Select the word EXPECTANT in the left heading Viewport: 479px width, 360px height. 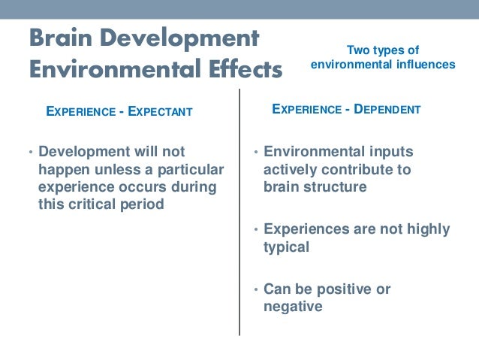160,112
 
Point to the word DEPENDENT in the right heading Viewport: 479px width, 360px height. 387,110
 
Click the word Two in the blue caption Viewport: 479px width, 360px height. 357,50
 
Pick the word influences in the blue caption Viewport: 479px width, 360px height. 426,65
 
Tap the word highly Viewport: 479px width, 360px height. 426,229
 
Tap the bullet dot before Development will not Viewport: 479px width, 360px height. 31,153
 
